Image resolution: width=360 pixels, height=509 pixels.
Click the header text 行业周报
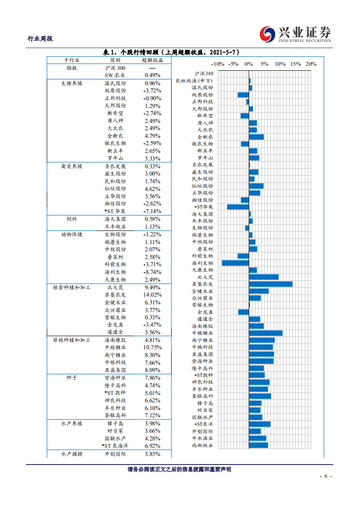40,39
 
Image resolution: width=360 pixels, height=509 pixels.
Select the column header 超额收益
152,60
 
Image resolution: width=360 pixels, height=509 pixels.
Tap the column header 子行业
71,60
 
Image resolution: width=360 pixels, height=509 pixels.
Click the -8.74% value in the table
152,272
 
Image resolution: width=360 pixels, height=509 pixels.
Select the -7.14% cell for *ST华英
152,211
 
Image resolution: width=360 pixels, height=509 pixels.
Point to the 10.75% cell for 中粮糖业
152,347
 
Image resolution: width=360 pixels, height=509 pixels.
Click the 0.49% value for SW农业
152,75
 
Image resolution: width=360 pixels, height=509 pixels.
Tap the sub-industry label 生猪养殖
71,83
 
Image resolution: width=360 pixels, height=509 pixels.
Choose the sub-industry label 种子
71,377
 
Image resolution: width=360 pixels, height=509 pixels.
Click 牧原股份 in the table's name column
115,91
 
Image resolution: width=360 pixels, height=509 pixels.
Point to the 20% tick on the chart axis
311,64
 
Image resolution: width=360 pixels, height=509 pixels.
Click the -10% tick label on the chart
218,64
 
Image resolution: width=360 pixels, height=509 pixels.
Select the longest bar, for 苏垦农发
271,284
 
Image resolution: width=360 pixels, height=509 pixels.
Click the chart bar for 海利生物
235,263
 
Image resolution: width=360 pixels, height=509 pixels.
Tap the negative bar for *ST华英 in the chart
238,207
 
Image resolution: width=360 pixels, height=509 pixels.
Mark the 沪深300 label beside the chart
204,73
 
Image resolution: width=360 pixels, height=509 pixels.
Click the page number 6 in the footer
326,476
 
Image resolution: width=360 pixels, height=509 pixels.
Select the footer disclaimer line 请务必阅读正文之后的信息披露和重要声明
179,470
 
